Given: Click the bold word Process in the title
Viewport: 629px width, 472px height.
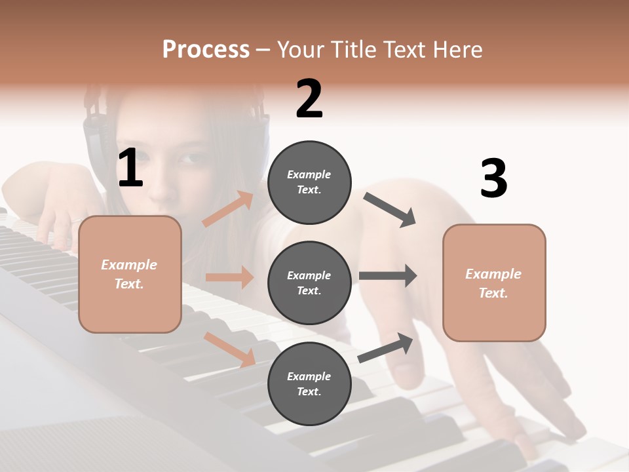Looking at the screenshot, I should pos(206,50).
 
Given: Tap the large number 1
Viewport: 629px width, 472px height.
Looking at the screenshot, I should pos(130,168).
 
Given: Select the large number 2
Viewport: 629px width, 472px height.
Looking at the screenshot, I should pos(309,99).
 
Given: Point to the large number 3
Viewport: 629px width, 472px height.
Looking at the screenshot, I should pos(493,179).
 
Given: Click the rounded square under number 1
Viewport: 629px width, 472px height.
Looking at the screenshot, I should pos(130,274).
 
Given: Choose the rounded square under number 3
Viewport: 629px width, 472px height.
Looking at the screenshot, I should pos(494,283).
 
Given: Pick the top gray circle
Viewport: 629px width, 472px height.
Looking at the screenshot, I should pos(309,182).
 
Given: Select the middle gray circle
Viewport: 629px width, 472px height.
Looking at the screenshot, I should pos(309,283).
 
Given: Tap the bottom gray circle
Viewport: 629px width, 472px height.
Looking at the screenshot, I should pos(309,383).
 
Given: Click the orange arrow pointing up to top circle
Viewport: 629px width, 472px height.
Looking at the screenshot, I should pos(227,209).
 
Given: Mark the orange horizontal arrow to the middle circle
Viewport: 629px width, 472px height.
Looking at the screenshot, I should pos(229,277).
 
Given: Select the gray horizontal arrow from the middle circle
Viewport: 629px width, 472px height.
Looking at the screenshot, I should pos(388,275).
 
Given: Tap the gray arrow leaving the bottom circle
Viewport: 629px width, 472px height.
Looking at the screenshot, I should pos(386,348).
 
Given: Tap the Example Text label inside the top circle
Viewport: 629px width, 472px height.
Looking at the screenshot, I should pos(309,182).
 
